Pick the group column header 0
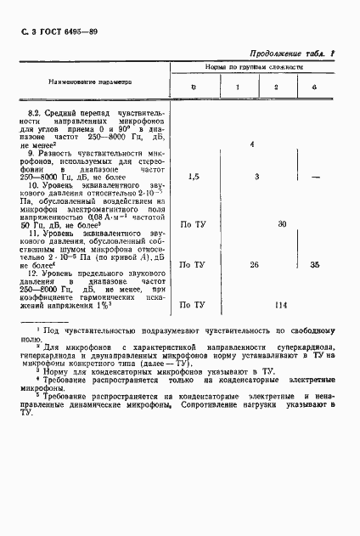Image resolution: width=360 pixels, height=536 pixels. [x=194, y=87]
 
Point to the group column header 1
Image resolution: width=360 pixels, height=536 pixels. [x=237, y=87]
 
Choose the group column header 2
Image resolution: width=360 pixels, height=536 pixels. [x=276, y=87]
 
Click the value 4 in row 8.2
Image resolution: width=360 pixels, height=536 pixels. [x=253, y=145]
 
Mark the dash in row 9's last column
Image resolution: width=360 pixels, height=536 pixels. [x=315, y=177]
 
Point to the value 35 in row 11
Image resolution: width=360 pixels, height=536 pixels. [x=315, y=265]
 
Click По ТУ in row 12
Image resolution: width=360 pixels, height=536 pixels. [x=193, y=304]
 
